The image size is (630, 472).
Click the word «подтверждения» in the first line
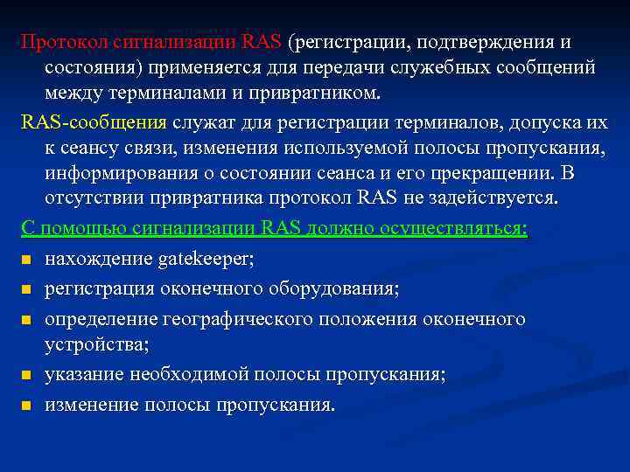click(473, 42)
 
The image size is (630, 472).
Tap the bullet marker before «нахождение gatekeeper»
click(27, 260)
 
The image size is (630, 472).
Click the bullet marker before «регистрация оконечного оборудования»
click(27, 289)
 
